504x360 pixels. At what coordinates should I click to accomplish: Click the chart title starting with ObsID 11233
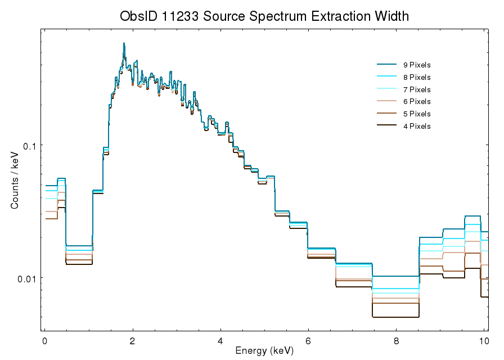[264, 16]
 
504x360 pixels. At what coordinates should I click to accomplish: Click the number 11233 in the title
[177, 16]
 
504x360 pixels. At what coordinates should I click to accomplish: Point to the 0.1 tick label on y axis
[29, 146]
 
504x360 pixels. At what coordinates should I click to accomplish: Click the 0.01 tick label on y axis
[26, 278]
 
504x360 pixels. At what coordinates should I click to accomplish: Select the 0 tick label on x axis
[44, 341]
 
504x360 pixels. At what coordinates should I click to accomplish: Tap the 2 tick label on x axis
[132, 341]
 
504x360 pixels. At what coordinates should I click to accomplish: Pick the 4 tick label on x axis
[220, 341]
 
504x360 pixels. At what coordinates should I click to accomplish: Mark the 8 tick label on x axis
[396, 341]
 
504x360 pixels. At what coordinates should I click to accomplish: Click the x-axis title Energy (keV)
[264, 351]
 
